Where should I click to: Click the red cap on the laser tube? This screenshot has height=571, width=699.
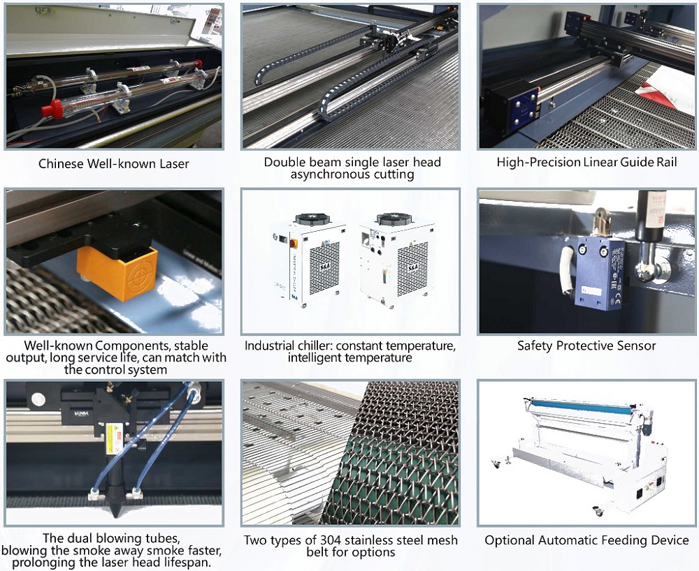tap(52, 109)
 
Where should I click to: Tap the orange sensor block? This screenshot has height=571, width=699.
tap(117, 272)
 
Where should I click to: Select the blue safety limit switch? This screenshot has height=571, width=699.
tap(600, 272)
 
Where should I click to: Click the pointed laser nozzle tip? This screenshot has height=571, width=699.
tap(115, 512)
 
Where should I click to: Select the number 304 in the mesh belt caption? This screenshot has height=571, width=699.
tap(331, 540)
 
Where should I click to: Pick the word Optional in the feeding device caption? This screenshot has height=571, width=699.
tap(510, 540)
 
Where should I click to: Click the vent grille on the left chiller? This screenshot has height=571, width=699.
tap(324, 268)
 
